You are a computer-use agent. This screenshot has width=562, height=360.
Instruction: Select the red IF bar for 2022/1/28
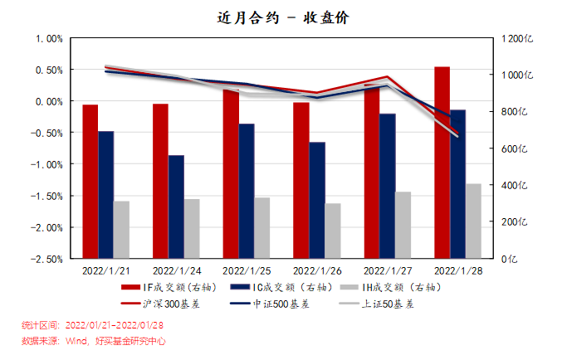coord(442,162)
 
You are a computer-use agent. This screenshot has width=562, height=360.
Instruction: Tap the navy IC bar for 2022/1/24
coord(176,206)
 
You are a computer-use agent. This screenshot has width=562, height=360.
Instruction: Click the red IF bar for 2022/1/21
coord(90,181)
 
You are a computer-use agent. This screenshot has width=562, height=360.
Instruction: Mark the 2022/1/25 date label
coord(246,270)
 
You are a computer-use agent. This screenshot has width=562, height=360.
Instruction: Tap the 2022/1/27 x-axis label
coord(387,270)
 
